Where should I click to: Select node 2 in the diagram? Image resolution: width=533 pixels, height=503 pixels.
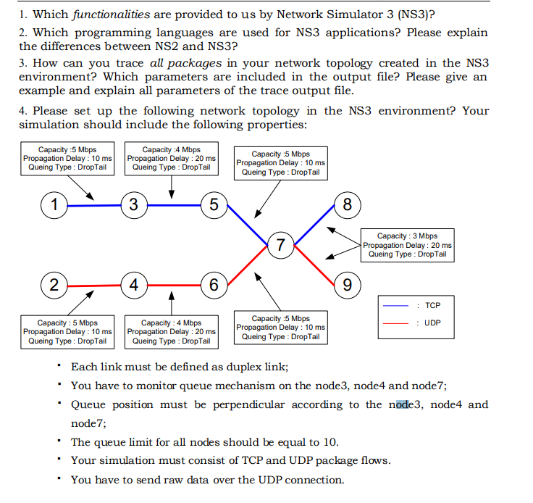54,283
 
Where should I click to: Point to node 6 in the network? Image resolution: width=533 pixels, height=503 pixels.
214,283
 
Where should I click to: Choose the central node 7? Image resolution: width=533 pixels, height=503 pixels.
280,245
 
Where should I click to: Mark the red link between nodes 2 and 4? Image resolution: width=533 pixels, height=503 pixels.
94,283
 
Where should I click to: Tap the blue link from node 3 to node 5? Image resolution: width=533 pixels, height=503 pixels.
174,205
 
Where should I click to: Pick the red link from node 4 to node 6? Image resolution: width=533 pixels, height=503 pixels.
174,283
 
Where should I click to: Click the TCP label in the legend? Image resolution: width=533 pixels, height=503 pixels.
432,306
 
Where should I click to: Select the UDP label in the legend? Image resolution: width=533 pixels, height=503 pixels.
432,323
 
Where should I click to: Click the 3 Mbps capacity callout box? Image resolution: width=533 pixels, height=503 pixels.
407,245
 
